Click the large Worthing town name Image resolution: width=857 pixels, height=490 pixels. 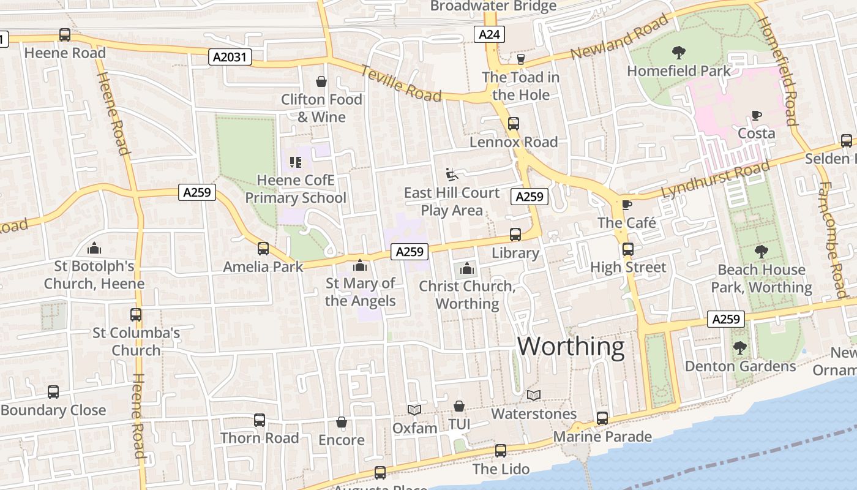click(x=571, y=347)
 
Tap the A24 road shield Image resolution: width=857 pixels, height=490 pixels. click(x=489, y=34)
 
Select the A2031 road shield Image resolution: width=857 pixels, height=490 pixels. click(x=230, y=58)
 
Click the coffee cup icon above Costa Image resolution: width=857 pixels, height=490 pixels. click(x=757, y=115)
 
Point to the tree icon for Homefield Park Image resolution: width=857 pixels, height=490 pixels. click(x=678, y=53)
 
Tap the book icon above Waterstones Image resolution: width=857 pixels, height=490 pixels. click(x=534, y=396)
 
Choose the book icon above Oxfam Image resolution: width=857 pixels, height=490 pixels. click(x=414, y=410)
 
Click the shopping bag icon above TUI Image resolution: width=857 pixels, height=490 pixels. click(x=458, y=406)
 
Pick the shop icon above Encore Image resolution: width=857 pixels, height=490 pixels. click(x=342, y=422)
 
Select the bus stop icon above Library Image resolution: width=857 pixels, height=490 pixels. click(x=515, y=235)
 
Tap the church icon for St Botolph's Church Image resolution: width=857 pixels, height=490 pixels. click(x=94, y=248)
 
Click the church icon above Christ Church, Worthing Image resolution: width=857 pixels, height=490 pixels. click(x=467, y=268)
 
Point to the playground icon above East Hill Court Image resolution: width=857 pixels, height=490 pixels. click(x=452, y=174)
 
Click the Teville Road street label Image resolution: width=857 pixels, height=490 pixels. click(x=401, y=83)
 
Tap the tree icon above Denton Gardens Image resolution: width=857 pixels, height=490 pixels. click(x=740, y=348)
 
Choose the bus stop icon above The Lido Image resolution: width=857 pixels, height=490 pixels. click(x=501, y=451)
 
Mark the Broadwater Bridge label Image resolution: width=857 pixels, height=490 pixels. click(x=493, y=6)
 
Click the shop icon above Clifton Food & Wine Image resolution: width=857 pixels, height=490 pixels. click(x=321, y=81)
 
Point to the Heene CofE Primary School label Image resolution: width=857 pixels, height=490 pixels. click(x=296, y=189)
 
